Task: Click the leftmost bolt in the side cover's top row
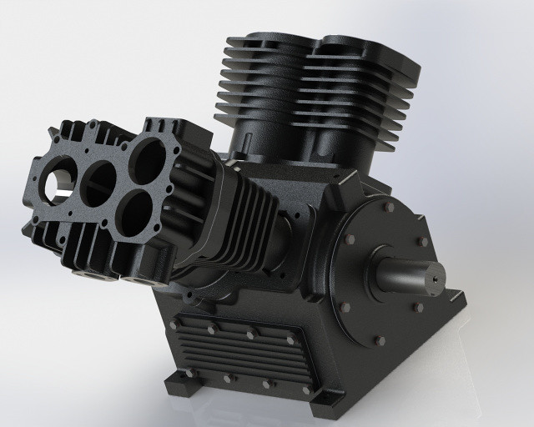pyautogui.click(x=173, y=323)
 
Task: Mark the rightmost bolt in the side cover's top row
pyautogui.click(x=290, y=340)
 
